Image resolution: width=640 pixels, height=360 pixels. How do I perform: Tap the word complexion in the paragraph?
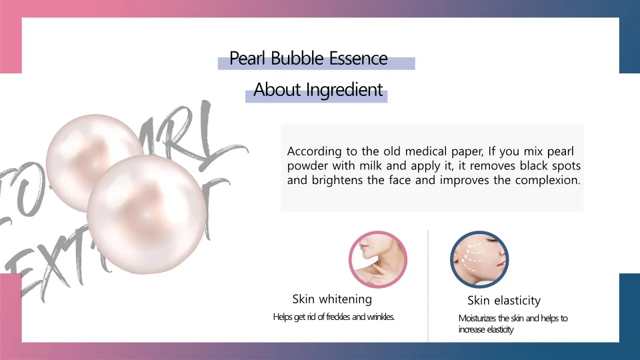pos(547,181)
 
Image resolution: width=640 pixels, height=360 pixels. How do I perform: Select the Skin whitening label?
pos(332,299)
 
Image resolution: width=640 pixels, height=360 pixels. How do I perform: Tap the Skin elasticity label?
pos(503,301)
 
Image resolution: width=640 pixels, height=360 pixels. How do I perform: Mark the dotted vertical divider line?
pos(427,287)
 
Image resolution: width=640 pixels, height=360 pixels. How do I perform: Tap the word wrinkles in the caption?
pos(380,317)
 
